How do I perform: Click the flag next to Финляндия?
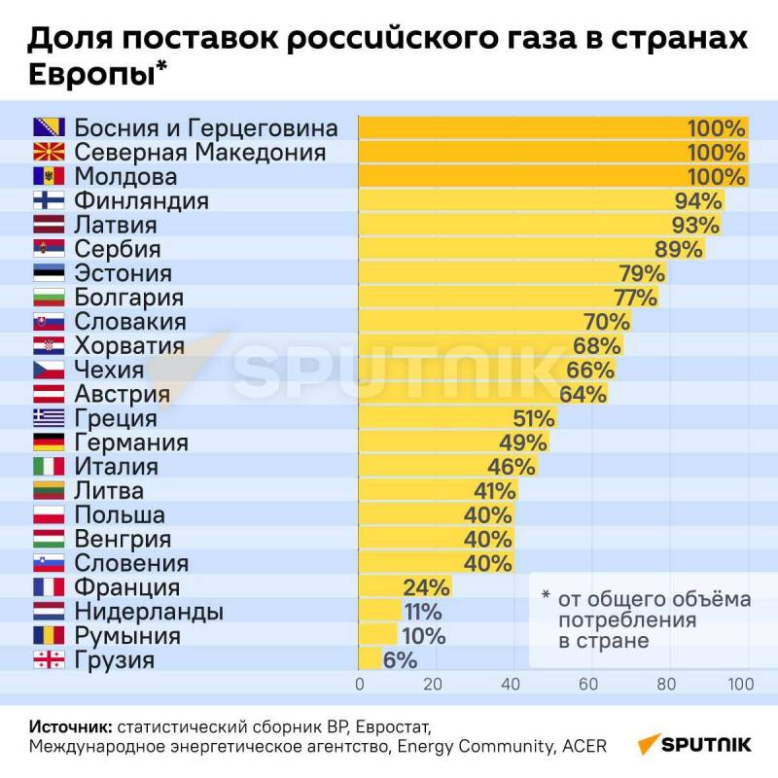pos(49,201)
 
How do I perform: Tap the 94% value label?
pos(698,201)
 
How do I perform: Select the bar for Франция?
pos(380,587)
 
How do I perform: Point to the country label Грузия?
pos(114,660)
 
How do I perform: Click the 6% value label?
pos(400,660)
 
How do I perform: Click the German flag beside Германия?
pos(49,442)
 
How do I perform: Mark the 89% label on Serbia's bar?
pos(679,249)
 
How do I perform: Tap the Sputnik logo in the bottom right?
pos(694,744)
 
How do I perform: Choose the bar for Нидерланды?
pos(379,612)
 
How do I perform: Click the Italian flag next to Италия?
pos(49,467)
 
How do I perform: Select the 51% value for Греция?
pos(534,419)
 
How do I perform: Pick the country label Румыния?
pos(127,636)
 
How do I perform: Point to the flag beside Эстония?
pos(49,273)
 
